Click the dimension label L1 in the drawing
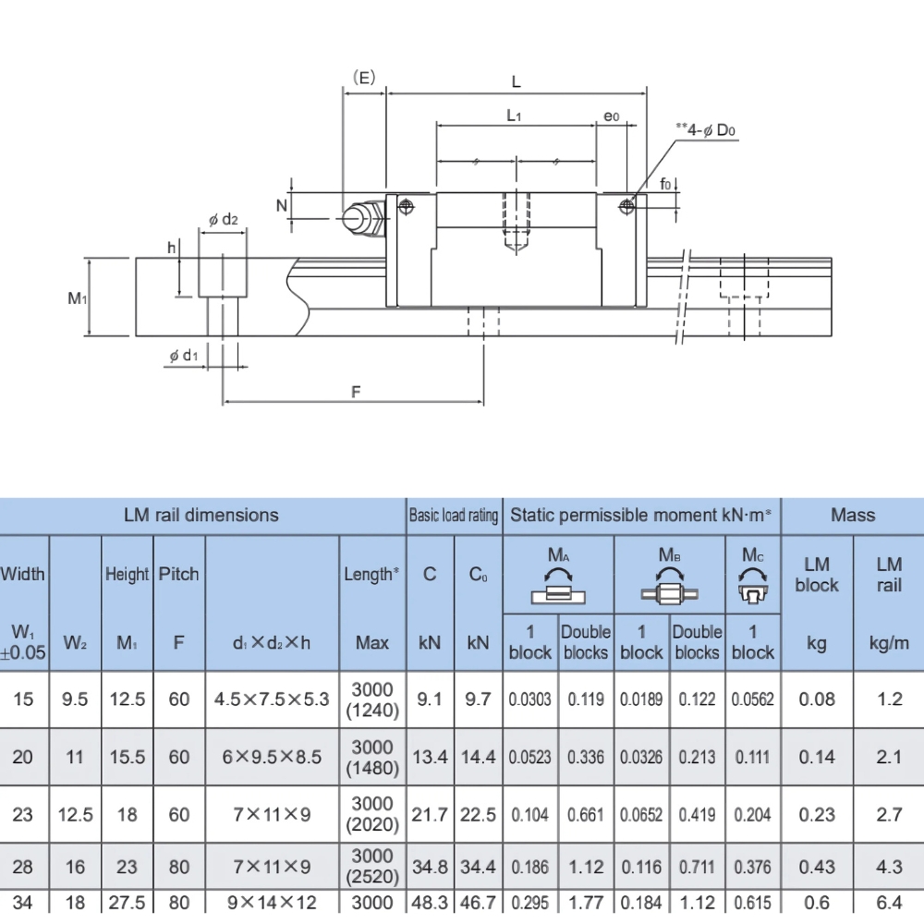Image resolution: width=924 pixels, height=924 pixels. click(515, 116)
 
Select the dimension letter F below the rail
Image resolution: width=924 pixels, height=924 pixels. click(356, 392)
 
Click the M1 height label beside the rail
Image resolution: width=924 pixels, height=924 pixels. click(77, 298)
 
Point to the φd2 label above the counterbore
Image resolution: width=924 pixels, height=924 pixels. click(223, 220)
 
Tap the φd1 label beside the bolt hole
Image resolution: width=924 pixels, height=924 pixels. click(184, 355)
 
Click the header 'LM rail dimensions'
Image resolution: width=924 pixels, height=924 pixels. click(201, 515)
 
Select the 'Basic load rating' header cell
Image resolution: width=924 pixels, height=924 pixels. click(454, 516)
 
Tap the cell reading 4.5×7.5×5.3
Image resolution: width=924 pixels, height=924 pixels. click(272, 699)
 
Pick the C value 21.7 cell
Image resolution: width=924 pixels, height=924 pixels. click(430, 815)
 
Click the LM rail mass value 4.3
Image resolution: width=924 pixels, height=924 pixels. click(888, 867)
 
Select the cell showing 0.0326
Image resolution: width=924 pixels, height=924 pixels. click(641, 758)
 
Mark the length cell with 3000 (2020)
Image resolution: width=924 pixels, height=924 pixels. click(372, 814)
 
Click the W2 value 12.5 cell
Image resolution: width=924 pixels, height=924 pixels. click(75, 815)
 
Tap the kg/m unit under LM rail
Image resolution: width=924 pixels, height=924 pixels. click(888, 642)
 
